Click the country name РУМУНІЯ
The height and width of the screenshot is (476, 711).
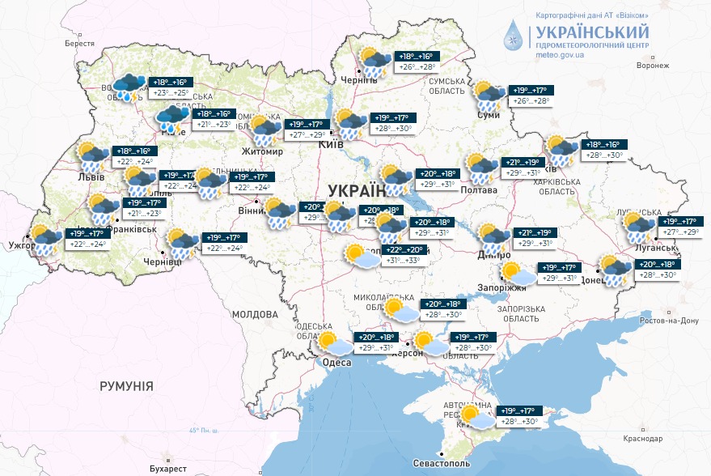click(x=127, y=386)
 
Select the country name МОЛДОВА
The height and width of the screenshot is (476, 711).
click(x=255, y=313)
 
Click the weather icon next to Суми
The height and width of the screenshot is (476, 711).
click(x=488, y=95)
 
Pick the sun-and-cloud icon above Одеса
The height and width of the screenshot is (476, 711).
click(x=334, y=343)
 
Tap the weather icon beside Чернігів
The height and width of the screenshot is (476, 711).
click(x=374, y=62)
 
